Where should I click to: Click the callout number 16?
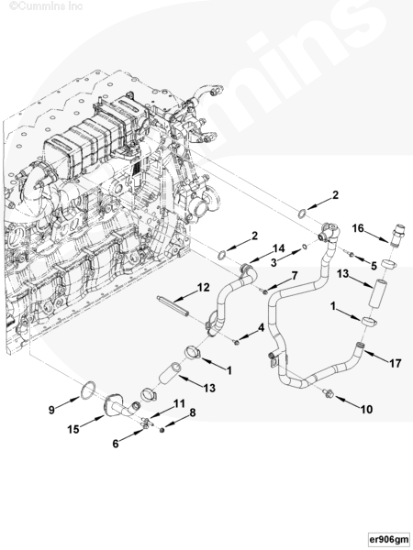click(358, 228)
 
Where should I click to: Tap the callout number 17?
click(395, 363)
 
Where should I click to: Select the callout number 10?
click(366, 409)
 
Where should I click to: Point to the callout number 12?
click(204, 288)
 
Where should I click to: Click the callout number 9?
click(51, 410)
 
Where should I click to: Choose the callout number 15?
click(73, 429)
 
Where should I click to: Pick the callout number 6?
click(116, 444)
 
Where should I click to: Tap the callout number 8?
click(193, 412)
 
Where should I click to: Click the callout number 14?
click(278, 248)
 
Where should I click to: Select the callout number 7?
click(294, 275)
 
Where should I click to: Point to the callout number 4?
click(261, 327)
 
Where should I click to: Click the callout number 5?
click(374, 266)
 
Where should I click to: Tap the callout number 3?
click(274, 262)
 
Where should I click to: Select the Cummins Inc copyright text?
click(46, 6)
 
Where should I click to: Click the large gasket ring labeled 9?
click(88, 390)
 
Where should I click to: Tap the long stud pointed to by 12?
click(173, 306)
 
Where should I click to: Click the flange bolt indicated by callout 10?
click(329, 393)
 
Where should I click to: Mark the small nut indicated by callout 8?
click(162, 430)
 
